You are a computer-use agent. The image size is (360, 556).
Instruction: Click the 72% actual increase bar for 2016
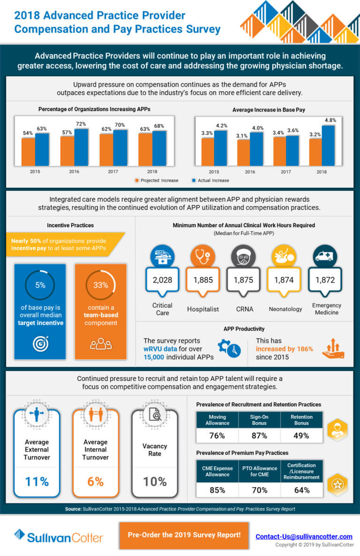[81, 147]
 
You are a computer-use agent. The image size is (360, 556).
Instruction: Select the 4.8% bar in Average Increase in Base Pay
[328, 145]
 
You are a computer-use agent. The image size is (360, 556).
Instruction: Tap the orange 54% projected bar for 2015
[28, 151]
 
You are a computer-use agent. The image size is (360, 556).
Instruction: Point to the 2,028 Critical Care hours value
[162, 280]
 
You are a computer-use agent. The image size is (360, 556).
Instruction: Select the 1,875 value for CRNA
[243, 280]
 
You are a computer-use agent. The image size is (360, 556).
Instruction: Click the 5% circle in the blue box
[40, 285]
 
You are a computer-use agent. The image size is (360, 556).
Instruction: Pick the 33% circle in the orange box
[100, 285]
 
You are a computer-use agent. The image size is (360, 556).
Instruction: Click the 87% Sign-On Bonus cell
[259, 435]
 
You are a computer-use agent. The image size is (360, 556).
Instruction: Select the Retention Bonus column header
[301, 420]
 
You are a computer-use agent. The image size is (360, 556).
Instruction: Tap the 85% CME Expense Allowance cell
[217, 490]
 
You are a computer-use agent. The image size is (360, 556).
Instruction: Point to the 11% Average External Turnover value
[37, 481]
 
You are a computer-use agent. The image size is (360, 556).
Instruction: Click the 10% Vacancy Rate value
[154, 481]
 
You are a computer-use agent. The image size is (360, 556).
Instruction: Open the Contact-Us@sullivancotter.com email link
[304, 536]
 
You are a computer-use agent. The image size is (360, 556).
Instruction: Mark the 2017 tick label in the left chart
[112, 171]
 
